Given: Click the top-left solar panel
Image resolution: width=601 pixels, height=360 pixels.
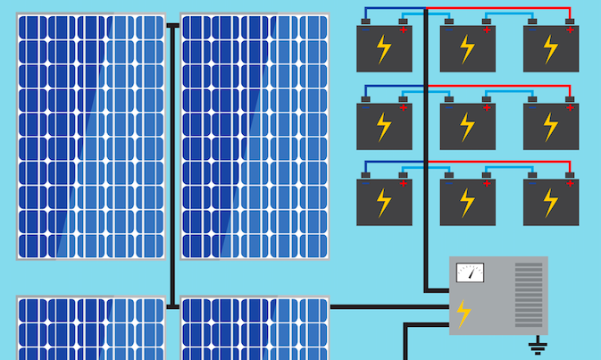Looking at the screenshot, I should [x=90, y=136].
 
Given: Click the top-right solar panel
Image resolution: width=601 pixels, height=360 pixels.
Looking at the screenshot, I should [x=255, y=136].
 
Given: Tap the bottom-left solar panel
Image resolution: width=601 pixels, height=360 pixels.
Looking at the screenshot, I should [x=90, y=329].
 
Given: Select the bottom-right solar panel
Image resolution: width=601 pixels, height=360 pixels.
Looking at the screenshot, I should [x=255, y=329].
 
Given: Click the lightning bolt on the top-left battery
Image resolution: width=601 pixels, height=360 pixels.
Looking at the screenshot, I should [x=384, y=49].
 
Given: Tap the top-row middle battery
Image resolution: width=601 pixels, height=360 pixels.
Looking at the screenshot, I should [x=467, y=49].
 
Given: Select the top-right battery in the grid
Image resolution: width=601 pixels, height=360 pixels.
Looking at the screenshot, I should [x=551, y=49].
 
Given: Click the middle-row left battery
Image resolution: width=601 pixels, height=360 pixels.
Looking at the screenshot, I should [x=384, y=126].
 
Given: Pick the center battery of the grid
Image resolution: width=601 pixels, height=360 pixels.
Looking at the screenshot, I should [x=467, y=126].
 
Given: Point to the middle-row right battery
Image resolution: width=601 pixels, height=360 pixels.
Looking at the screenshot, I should [x=551, y=126].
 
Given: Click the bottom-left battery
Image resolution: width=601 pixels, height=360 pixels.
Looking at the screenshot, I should [x=384, y=203].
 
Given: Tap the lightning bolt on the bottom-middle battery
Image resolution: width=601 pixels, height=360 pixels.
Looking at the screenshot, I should [x=467, y=203].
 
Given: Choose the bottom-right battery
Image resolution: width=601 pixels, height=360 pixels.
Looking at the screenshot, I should [x=551, y=203].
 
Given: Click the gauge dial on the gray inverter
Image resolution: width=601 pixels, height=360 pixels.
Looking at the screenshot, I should [x=470, y=272].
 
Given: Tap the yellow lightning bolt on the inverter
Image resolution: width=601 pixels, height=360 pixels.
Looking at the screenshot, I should [x=463, y=314].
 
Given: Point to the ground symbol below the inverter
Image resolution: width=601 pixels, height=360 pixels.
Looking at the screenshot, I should [x=537, y=346].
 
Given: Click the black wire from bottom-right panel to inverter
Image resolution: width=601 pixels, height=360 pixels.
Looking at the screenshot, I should [x=388, y=307].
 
